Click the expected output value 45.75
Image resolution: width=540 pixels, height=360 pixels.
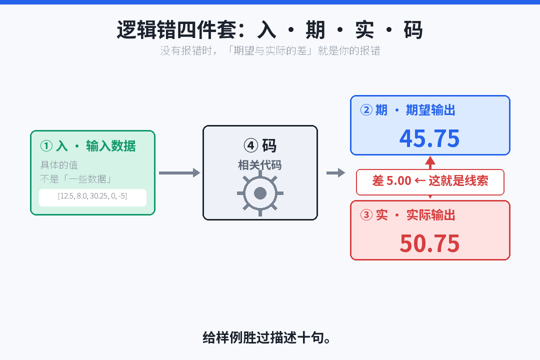tap(429, 138)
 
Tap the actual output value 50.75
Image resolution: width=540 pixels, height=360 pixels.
tap(429, 243)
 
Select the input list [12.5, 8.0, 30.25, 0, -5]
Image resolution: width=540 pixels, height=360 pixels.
tap(92, 196)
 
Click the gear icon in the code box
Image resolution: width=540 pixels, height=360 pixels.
tap(260, 193)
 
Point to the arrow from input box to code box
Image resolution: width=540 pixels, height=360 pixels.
tap(179, 172)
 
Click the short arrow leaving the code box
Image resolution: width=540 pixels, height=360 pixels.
tap(336, 172)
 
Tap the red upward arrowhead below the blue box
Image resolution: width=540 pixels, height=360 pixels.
tap(430, 161)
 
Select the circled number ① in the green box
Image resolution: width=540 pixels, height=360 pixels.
tap(46, 145)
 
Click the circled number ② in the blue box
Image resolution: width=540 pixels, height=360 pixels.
tap(366, 110)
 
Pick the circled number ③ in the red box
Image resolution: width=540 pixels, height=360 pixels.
tap(366, 215)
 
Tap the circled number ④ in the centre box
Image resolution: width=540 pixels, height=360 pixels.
tap(250, 145)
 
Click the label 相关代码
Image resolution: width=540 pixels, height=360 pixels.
tap(260, 165)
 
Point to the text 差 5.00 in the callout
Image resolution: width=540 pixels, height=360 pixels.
tap(392, 181)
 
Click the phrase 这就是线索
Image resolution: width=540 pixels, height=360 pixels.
tap(458, 181)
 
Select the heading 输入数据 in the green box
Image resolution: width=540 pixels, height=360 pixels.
tap(111, 145)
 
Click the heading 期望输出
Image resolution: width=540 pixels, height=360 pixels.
tap(430, 110)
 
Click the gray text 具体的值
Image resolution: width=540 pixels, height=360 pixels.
tap(59, 165)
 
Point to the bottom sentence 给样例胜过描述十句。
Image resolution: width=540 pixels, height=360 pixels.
tap(267, 337)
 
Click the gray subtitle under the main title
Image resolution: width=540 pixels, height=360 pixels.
tap(270, 50)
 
